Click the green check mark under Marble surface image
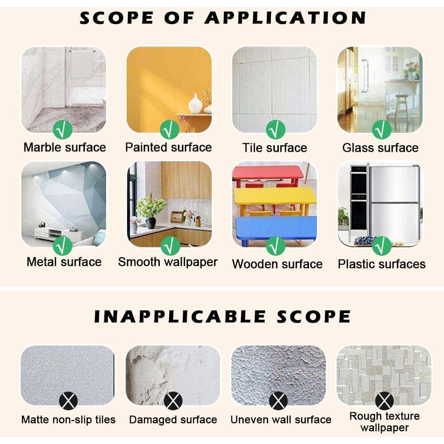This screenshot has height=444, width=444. (x=62, y=130)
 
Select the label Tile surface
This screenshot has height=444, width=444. (x=275, y=148)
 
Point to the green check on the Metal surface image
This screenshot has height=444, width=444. (x=62, y=246)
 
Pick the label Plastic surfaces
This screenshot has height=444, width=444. (x=382, y=264)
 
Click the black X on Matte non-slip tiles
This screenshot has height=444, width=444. (x=68, y=401)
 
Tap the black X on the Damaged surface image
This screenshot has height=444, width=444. (x=173, y=401)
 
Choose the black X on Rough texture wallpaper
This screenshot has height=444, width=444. (x=384, y=401)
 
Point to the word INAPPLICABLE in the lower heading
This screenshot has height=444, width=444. (x=180, y=317)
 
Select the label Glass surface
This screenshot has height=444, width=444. (x=381, y=148)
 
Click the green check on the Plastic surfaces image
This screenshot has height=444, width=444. (x=381, y=246)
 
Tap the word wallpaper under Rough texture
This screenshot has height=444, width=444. (x=385, y=428)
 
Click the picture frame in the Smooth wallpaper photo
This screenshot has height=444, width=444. (x=177, y=217)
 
